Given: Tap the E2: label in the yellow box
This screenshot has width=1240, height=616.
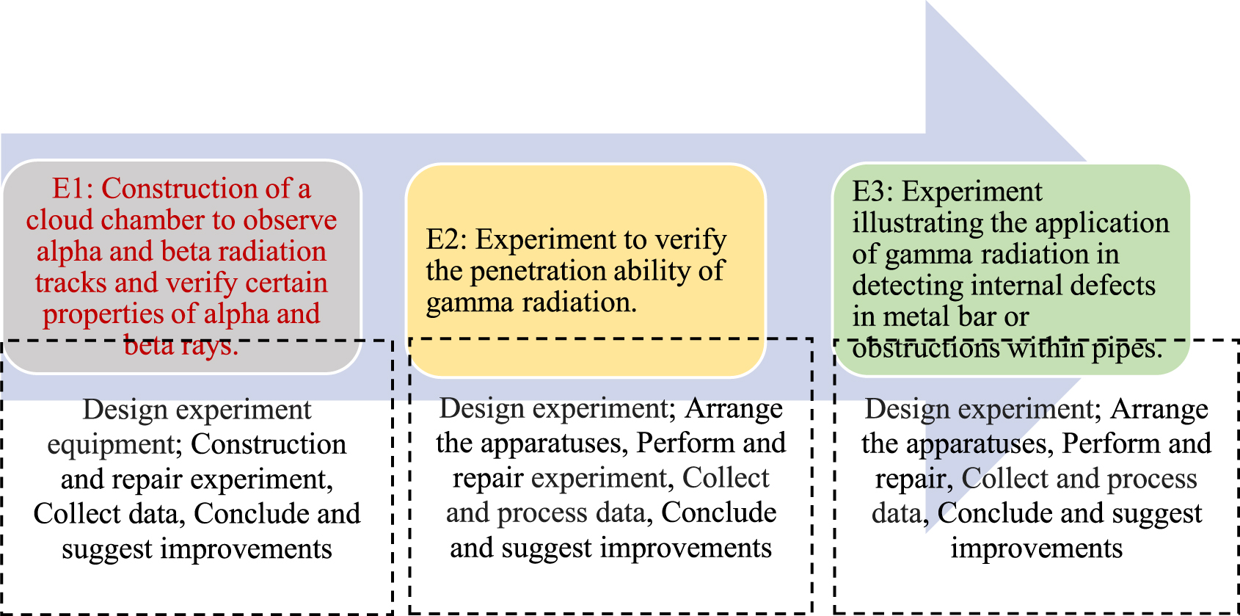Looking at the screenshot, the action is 448,239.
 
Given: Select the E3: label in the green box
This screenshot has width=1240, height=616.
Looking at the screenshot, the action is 873,192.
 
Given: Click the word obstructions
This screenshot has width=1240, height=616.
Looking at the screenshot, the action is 925,349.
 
